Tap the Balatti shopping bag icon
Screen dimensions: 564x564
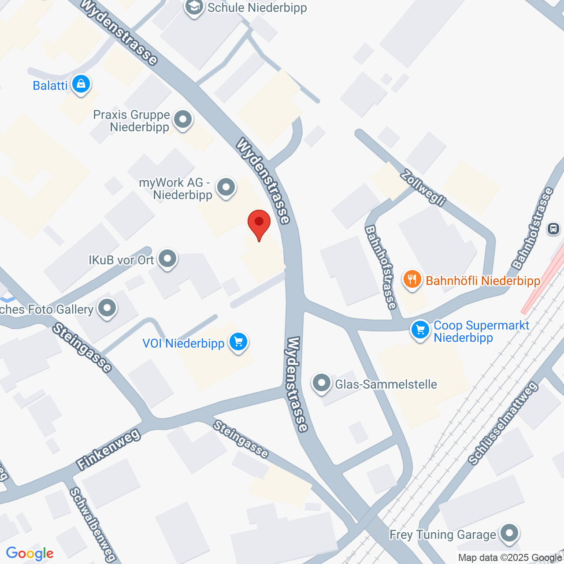(x=81, y=83)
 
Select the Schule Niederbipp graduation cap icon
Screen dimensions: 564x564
(x=194, y=7)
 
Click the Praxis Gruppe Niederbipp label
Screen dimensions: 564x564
(x=131, y=121)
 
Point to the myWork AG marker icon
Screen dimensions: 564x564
(x=226, y=187)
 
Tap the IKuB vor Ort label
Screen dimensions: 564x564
(x=121, y=260)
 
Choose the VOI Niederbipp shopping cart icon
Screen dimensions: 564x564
(x=238, y=341)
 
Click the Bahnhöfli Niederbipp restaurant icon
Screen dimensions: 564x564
(x=412, y=279)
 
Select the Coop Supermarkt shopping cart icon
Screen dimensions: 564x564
(x=420, y=330)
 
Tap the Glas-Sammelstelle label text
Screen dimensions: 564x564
(x=386, y=384)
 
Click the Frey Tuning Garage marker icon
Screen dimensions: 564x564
(x=509, y=533)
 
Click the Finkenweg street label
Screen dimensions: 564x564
(x=108, y=449)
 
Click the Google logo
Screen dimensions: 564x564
(x=30, y=553)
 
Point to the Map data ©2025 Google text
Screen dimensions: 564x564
(x=510, y=558)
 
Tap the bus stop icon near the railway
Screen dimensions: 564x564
(x=553, y=229)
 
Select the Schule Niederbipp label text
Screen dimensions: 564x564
(x=257, y=7)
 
